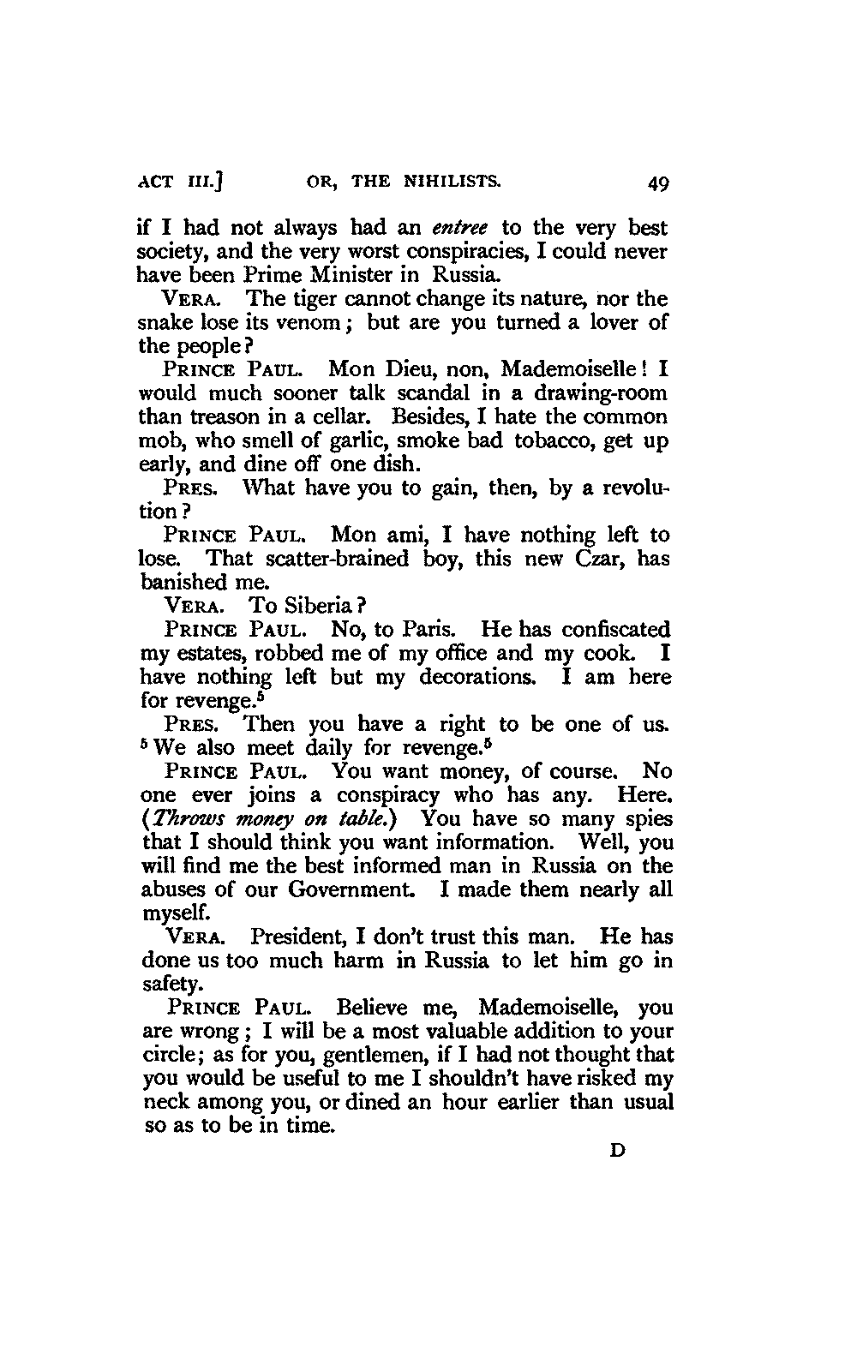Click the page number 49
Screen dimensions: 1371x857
click(659, 183)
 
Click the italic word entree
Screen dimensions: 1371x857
click(460, 229)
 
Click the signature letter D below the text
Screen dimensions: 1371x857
click(615, 1151)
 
